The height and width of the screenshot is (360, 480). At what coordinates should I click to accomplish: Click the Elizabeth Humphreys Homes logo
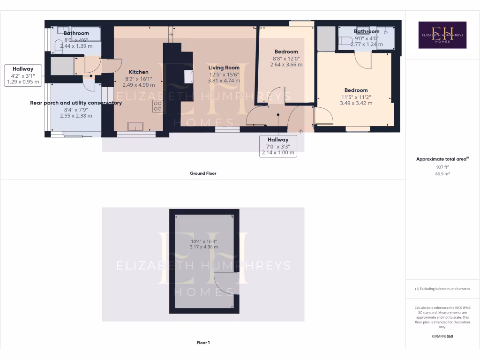442,35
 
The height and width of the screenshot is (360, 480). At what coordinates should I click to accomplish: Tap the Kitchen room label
139,72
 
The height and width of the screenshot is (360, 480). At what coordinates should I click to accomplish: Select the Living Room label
224,68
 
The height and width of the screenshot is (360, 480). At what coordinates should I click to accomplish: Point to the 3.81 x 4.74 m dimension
224,81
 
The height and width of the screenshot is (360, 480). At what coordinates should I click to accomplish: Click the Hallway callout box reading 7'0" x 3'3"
278,146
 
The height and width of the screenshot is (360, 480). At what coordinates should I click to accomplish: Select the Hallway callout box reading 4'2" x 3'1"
23,75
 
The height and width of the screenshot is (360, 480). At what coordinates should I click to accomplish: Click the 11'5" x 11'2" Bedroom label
356,90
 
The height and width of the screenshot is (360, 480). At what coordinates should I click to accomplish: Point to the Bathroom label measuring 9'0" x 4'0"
367,32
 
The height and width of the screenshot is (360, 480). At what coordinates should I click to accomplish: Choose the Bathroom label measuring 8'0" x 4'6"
76,33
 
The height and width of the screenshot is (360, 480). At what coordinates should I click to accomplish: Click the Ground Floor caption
203,173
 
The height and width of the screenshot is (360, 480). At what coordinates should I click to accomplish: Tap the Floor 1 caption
203,343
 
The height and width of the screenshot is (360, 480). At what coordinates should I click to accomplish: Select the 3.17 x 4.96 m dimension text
204,247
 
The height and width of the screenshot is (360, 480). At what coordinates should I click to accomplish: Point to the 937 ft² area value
442,167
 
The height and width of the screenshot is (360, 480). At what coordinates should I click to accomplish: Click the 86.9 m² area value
442,173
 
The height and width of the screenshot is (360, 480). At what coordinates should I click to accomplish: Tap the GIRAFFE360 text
442,337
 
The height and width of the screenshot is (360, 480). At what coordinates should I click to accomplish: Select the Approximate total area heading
442,159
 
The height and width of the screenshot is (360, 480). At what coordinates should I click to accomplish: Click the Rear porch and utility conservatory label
76,103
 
